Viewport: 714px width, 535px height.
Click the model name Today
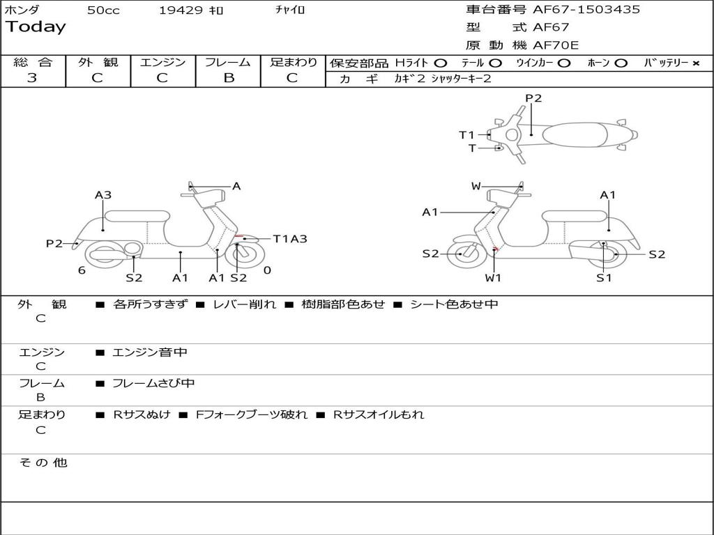point(36,27)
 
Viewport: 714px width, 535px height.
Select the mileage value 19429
point(181,10)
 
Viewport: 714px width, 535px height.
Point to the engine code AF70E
point(556,45)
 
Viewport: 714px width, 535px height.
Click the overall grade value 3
point(32,78)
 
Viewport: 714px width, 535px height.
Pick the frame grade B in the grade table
point(229,78)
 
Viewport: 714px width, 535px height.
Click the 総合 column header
point(33,62)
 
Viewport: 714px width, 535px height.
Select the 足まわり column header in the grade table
point(294,62)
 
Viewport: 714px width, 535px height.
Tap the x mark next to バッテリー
point(695,63)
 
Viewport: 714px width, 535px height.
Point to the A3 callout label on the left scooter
point(103,195)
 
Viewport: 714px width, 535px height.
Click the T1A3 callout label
point(290,239)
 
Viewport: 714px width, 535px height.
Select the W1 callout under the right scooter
point(494,277)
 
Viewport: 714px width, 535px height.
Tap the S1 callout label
point(604,277)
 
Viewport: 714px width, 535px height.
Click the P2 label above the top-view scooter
point(533,98)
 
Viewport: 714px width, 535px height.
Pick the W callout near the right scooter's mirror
point(476,186)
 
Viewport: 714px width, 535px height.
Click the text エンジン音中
point(150,352)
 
